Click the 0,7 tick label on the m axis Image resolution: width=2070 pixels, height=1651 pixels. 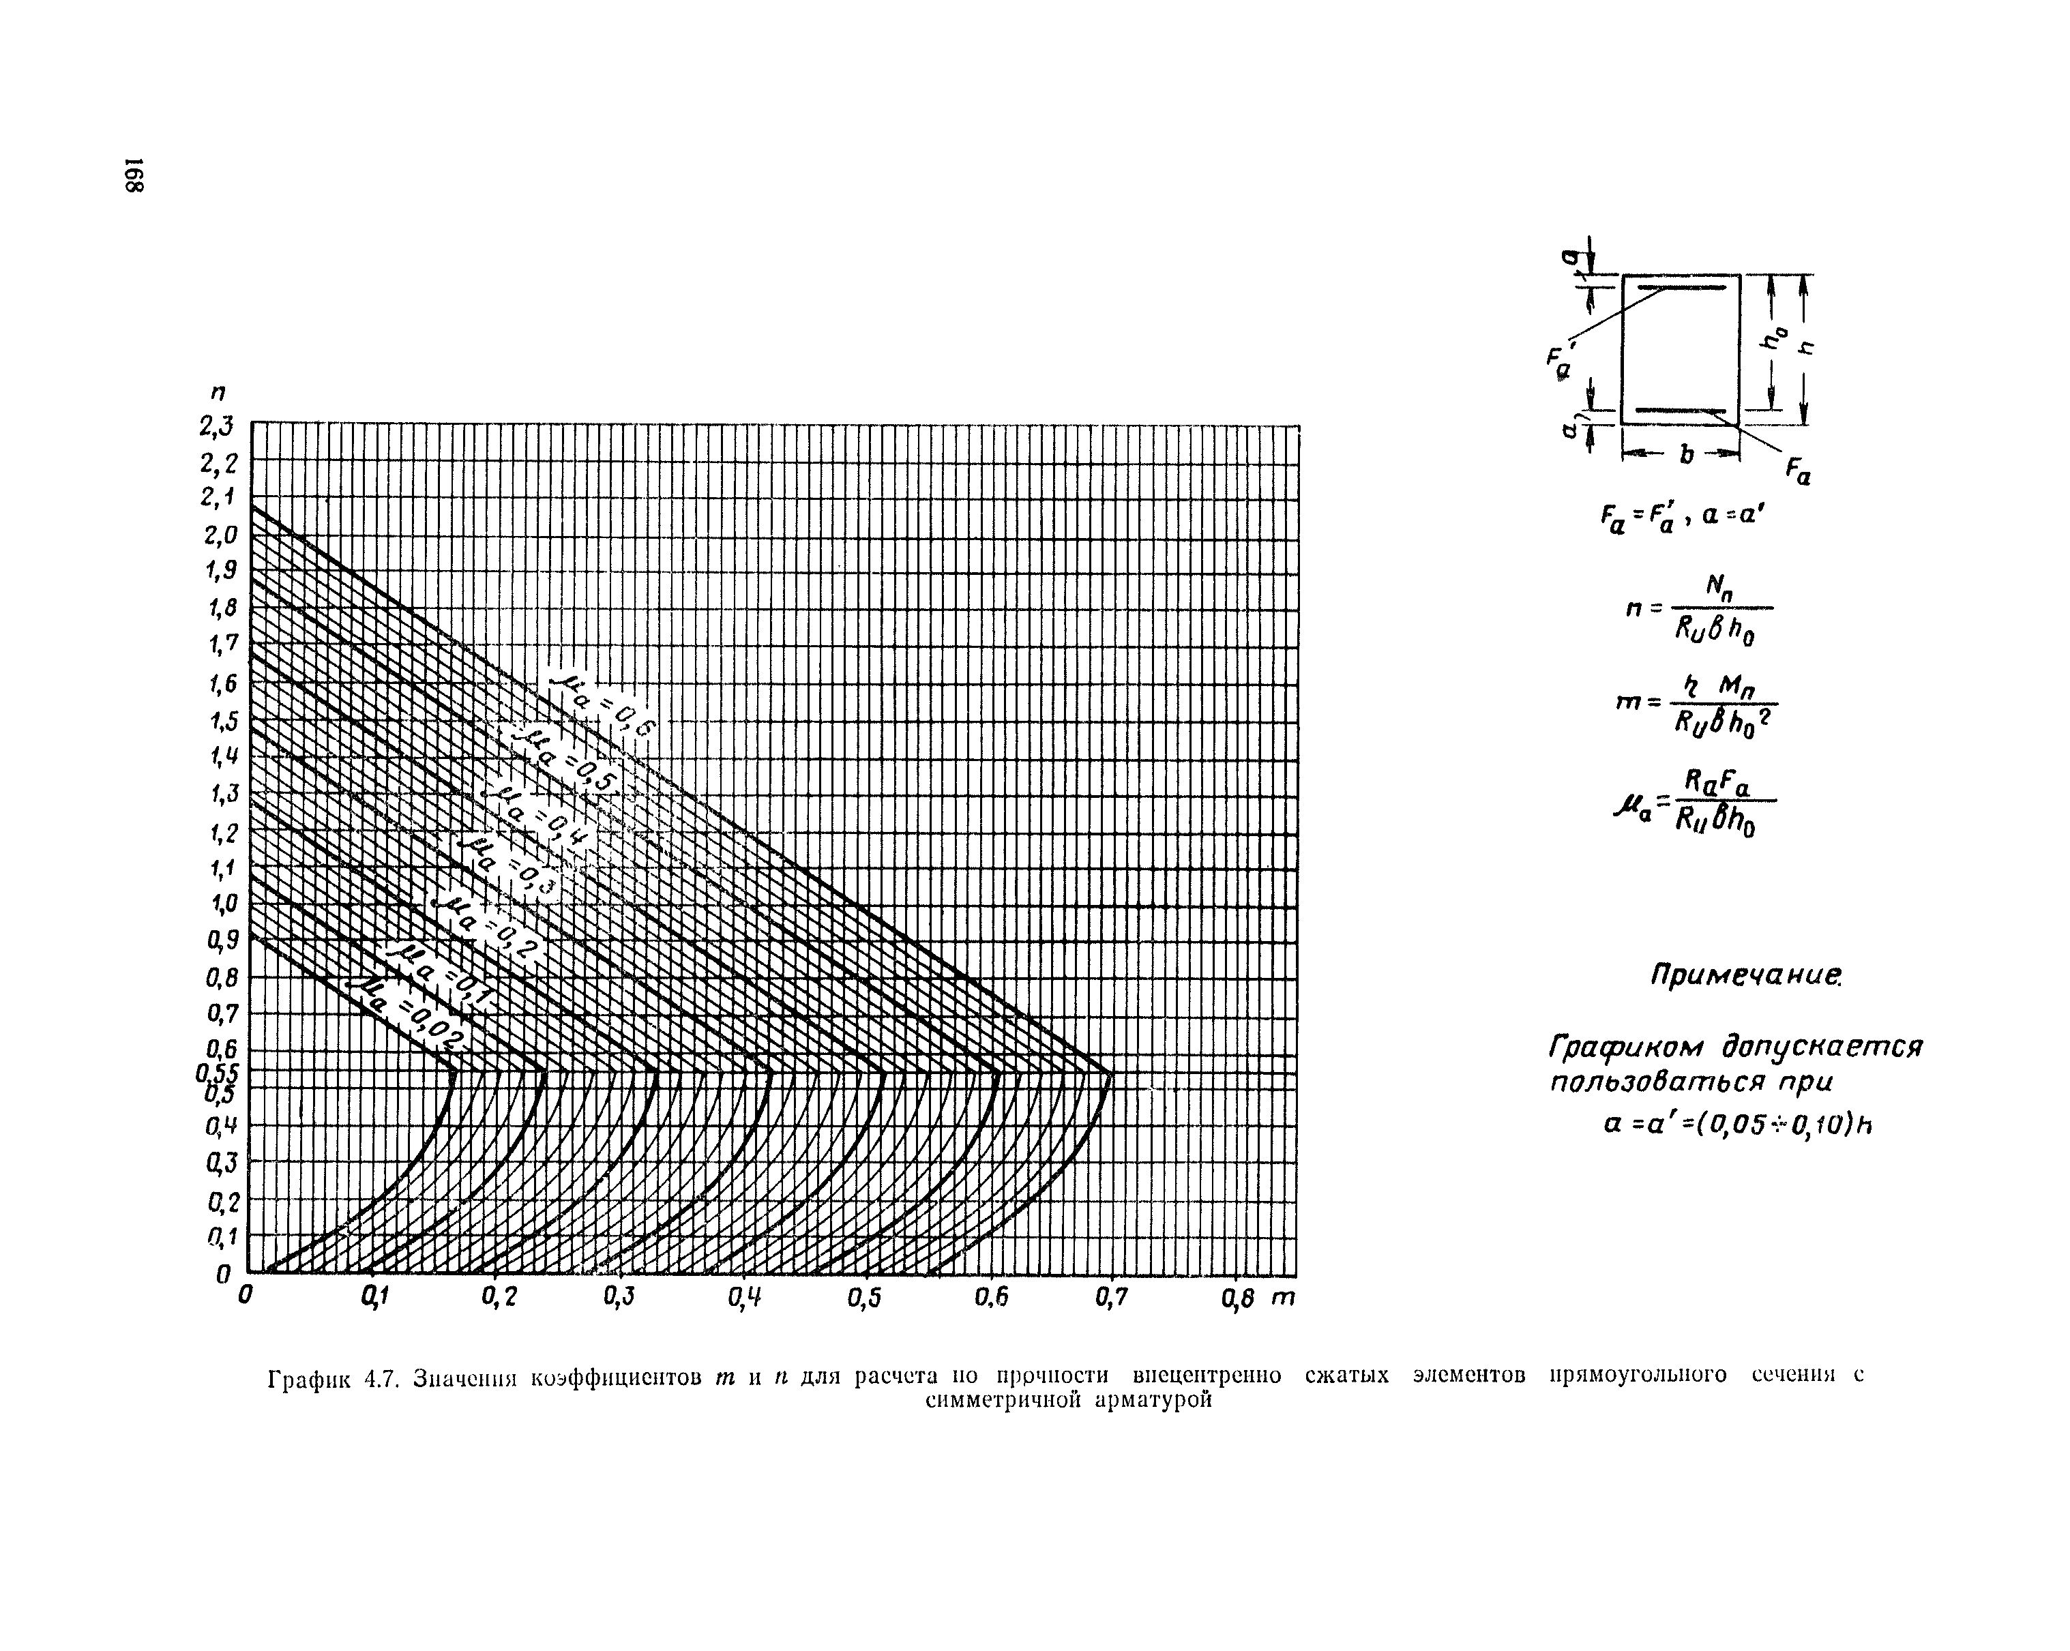(x=1111, y=1298)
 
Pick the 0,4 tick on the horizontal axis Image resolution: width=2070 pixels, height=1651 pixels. (x=744, y=1298)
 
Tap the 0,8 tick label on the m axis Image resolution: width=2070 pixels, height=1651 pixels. (x=1239, y=1298)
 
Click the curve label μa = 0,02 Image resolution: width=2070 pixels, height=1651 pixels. (x=408, y=1017)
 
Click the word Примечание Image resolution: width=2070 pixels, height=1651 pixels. (x=1745, y=976)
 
